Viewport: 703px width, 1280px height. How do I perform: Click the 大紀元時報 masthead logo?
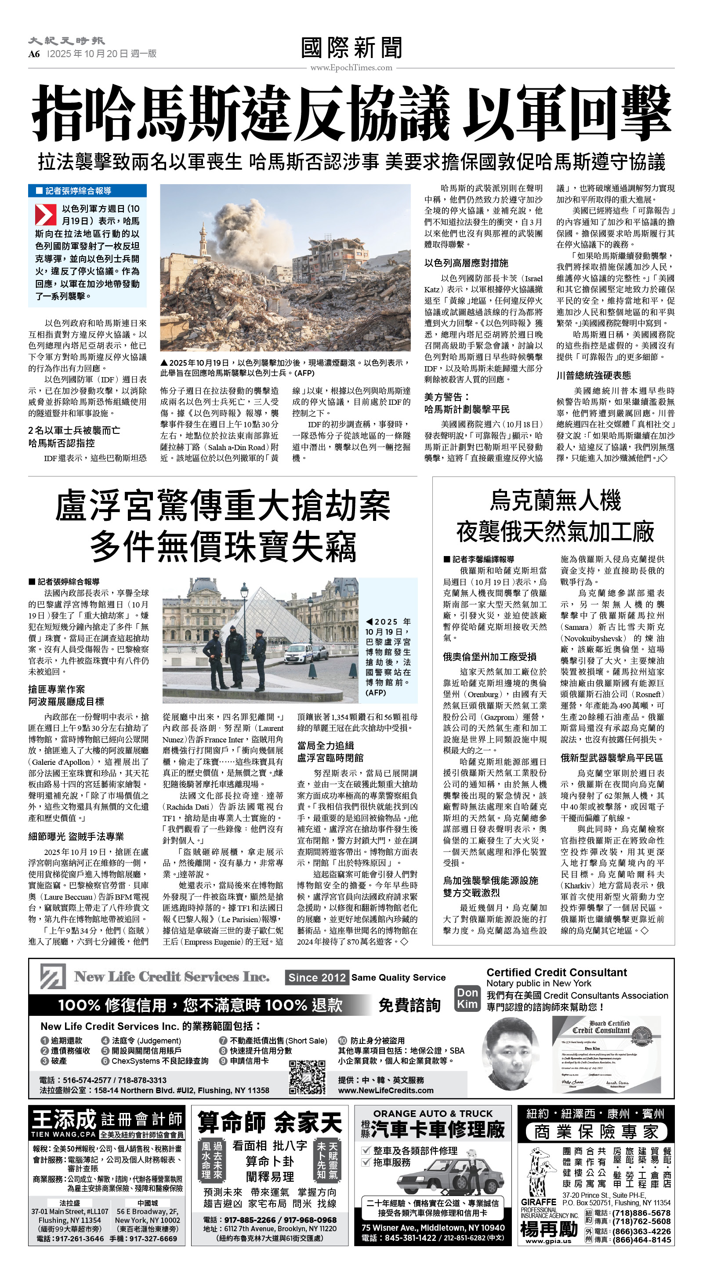[x=66, y=41]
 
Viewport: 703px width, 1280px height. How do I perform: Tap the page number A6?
[x=34, y=54]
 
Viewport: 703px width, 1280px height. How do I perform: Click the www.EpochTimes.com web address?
[x=351, y=68]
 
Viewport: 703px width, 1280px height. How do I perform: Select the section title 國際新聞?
[x=351, y=48]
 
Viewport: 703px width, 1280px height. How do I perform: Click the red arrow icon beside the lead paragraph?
[x=45, y=214]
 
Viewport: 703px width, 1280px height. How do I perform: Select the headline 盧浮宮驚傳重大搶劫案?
[x=223, y=505]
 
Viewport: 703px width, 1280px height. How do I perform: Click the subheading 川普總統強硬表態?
[x=593, y=375]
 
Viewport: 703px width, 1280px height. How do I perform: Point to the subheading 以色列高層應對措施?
[x=466, y=263]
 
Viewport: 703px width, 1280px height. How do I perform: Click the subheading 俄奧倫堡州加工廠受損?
[x=489, y=657]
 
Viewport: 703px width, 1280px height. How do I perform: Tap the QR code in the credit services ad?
[x=307, y=1077]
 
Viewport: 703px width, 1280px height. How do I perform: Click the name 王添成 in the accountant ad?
[x=64, y=1120]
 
